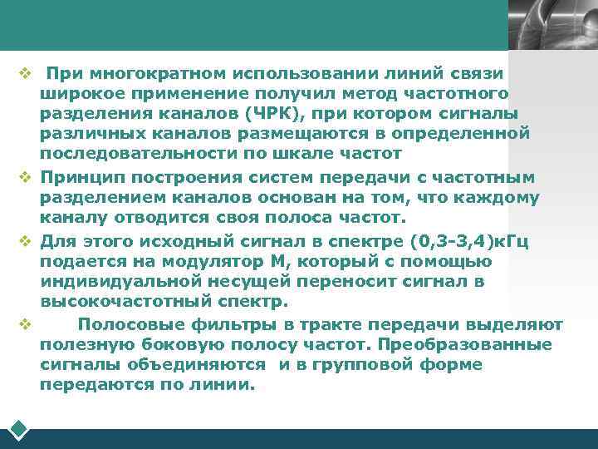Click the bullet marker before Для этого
(x=25, y=241)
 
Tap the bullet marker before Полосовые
(x=25, y=324)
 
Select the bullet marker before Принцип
(x=25, y=177)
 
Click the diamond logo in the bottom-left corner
(x=19, y=429)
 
